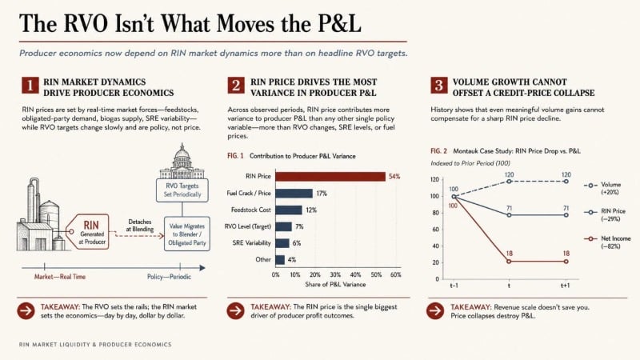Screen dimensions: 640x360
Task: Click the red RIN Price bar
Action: pyautogui.click(x=330, y=176)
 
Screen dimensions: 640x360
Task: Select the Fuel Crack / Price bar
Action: pyautogui.click(x=294, y=193)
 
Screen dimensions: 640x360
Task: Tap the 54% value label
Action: pyautogui.click(x=394, y=176)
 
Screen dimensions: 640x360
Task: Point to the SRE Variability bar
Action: pyautogui.click(x=282, y=243)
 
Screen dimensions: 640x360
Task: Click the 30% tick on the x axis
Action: pyautogui.click(x=335, y=274)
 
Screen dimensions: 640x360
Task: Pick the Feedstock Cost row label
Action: pyautogui.click(x=250, y=210)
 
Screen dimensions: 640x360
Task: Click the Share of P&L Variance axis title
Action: pyautogui.click(x=335, y=285)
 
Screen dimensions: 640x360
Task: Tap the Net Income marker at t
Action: pyautogui.click(x=509, y=262)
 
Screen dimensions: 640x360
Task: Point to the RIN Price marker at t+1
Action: pyautogui.click(x=566, y=215)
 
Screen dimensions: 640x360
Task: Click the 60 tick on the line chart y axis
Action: pyautogui.click(x=436, y=230)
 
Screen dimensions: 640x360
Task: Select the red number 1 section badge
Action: pyautogui.click(x=30, y=86)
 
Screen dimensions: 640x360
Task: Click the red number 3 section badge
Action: pyautogui.click(x=438, y=86)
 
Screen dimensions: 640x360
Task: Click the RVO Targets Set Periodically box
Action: pyautogui.click(x=182, y=190)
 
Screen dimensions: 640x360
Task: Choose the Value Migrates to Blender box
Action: pyautogui.click(x=187, y=234)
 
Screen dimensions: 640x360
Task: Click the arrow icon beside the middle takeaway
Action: pyautogui.click(x=235, y=311)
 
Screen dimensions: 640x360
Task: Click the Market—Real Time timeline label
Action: pyautogui.click(x=60, y=277)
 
